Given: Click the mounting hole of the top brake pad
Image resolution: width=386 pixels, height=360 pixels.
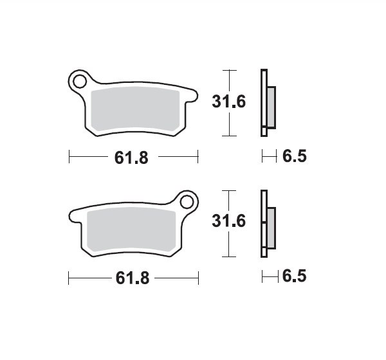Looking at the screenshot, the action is coord(80,82).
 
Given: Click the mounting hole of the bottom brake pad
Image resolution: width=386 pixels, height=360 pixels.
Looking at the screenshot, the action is coord(187,203).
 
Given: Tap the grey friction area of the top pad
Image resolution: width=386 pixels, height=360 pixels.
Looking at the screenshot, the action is coord(135,109).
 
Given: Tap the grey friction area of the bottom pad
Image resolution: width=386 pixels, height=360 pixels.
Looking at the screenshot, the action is coord(131,230).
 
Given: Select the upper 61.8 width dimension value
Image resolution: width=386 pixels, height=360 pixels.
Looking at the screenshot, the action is coord(131,157).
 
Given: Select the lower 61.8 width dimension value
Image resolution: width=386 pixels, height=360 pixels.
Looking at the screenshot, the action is coord(133,278).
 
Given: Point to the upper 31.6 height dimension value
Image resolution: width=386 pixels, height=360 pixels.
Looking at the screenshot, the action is coord(228,102).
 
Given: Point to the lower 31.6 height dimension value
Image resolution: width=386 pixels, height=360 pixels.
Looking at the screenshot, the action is coord(228,221).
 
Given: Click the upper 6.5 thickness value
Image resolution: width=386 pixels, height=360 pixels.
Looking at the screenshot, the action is coord(295,156).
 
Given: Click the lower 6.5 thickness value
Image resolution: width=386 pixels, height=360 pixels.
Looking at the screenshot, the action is coord(295,276).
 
